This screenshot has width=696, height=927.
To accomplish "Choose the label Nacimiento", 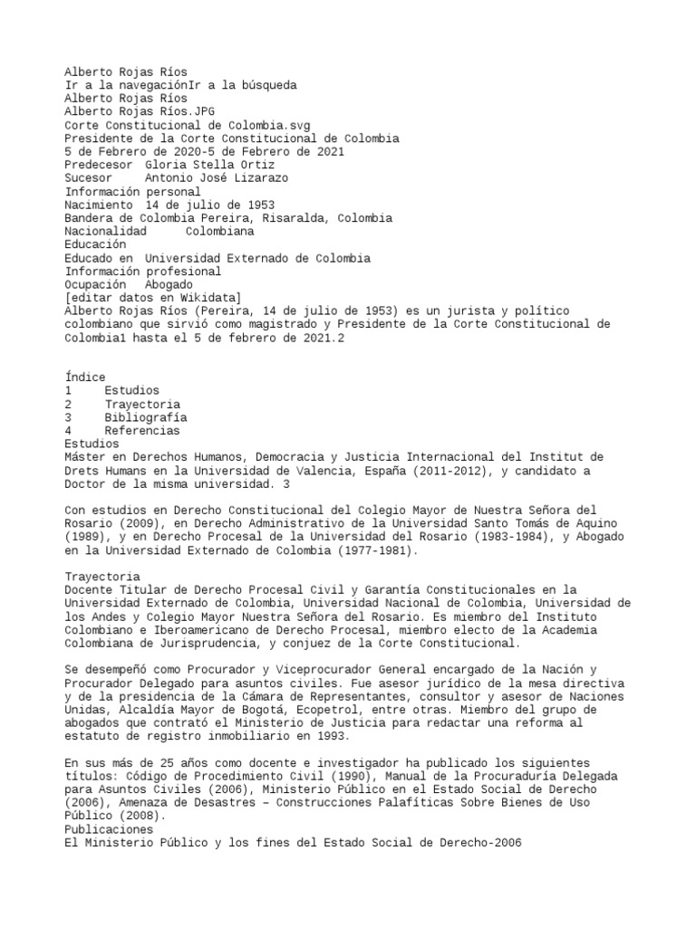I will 98,205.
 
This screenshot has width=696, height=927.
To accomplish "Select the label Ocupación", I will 94,284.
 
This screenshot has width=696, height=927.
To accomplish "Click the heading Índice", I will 85,377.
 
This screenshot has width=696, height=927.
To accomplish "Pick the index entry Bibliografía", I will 146,417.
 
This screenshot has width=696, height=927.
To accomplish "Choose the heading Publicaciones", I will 109,829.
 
